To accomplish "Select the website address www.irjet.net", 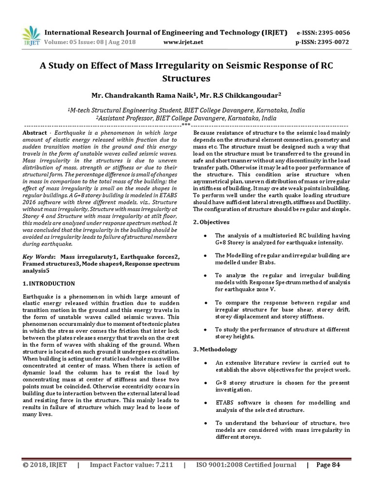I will pos(184,42).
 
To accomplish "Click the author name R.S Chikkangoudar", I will pos(236,95).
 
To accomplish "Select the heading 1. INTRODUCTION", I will pos(49,283).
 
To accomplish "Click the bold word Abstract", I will pos(35,133).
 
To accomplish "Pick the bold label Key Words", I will pos(39,256).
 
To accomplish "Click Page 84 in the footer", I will pos(328,465).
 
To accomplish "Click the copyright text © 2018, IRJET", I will pos(45,465).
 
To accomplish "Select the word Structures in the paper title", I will pos(186,78).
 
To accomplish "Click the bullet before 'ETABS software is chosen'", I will pos(207,403).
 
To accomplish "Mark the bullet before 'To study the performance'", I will pos(207,329).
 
